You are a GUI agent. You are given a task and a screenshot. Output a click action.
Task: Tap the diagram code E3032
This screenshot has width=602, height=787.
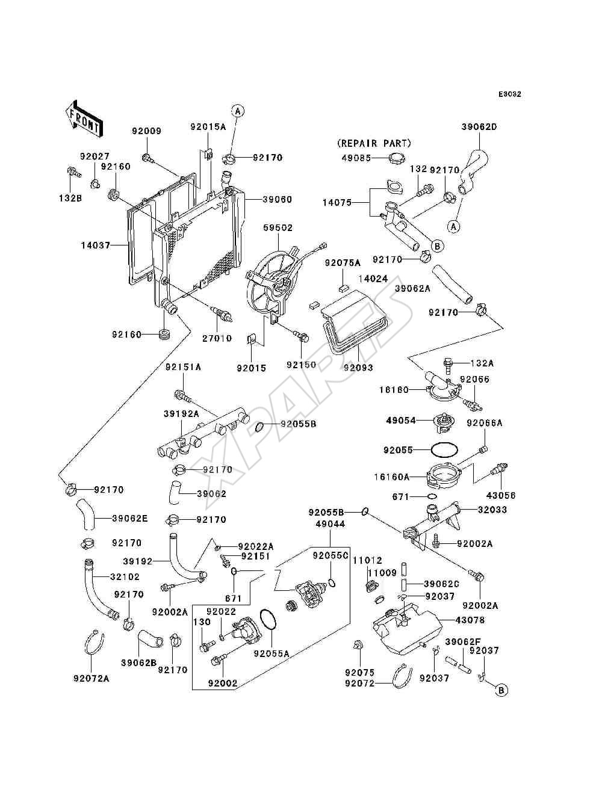(x=509, y=94)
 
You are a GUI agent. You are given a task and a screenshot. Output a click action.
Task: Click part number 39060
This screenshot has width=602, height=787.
(x=277, y=199)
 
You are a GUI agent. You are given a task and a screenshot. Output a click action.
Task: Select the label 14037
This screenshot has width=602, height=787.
(x=96, y=245)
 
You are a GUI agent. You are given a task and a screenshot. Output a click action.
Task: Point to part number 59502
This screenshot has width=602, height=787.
(x=278, y=227)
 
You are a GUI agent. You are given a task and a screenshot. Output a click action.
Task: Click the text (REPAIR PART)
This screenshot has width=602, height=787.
(x=374, y=143)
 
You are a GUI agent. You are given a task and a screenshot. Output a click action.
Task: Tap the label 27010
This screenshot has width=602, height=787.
(x=217, y=338)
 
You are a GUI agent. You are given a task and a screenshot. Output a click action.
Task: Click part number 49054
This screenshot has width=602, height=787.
(x=401, y=420)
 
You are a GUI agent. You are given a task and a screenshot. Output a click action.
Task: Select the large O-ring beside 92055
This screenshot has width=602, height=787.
(x=444, y=450)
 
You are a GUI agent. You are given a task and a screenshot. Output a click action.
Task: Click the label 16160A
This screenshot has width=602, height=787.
(x=392, y=477)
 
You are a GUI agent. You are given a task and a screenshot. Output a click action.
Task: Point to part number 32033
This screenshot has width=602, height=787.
(x=492, y=510)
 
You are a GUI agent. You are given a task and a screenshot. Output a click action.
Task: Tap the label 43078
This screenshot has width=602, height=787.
(x=470, y=620)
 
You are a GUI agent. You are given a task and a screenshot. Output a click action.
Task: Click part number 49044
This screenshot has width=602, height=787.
(x=330, y=524)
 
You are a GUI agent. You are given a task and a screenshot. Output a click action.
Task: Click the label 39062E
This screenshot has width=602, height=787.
(x=130, y=519)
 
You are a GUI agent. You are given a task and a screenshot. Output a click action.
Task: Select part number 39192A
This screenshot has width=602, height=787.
(x=181, y=413)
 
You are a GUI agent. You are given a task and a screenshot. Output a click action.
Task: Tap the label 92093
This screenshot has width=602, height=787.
(x=358, y=368)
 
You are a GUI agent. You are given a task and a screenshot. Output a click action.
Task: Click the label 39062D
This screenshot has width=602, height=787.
(x=479, y=127)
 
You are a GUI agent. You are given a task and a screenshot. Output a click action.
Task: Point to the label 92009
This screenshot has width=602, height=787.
(x=146, y=131)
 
